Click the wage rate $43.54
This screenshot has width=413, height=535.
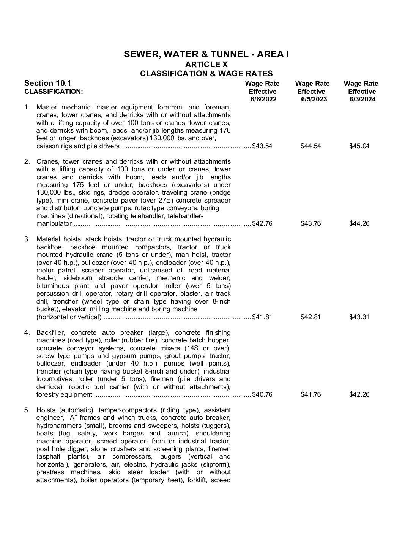tap(262, 146)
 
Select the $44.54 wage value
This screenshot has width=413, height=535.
tap(311, 146)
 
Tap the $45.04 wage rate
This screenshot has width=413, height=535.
tap(359, 146)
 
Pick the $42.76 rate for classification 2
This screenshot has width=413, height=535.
tap(262, 223)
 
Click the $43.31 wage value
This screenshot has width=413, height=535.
tap(359, 317)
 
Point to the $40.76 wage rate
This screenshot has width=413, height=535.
tap(262, 394)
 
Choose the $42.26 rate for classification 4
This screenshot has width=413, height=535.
tap(359, 394)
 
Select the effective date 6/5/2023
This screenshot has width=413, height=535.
tap(311, 99)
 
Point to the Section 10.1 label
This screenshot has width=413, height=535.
tap(47, 83)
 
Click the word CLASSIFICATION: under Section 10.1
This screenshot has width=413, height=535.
tap(53, 92)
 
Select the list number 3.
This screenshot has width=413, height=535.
tap(27, 239)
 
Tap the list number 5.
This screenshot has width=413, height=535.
tap(27, 410)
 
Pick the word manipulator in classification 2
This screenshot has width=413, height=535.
tap(54, 223)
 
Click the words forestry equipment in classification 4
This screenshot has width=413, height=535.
tap(64, 394)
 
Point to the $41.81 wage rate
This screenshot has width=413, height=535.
tap(262, 317)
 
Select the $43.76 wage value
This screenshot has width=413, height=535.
tap(311, 223)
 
